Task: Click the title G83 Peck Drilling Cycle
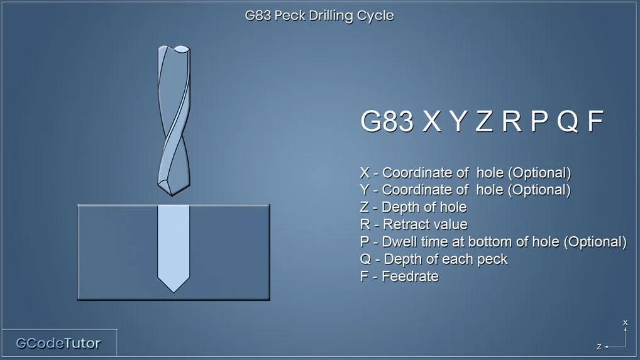point(319,16)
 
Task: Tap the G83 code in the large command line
point(387,121)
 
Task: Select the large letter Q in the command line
point(568,121)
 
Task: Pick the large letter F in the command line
point(595,121)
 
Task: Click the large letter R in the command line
point(512,121)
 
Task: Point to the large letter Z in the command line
point(485,121)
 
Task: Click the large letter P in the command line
point(539,121)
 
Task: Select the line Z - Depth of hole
point(413,207)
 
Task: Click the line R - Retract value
point(414,224)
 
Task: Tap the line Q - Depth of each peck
point(433,259)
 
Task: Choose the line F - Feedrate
point(399,276)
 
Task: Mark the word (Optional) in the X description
point(539,173)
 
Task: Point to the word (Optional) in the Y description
point(539,190)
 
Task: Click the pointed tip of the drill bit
point(172,195)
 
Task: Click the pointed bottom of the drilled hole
point(174,292)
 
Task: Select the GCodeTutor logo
point(58,343)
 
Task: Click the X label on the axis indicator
point(625,322)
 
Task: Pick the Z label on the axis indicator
point(599,347)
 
